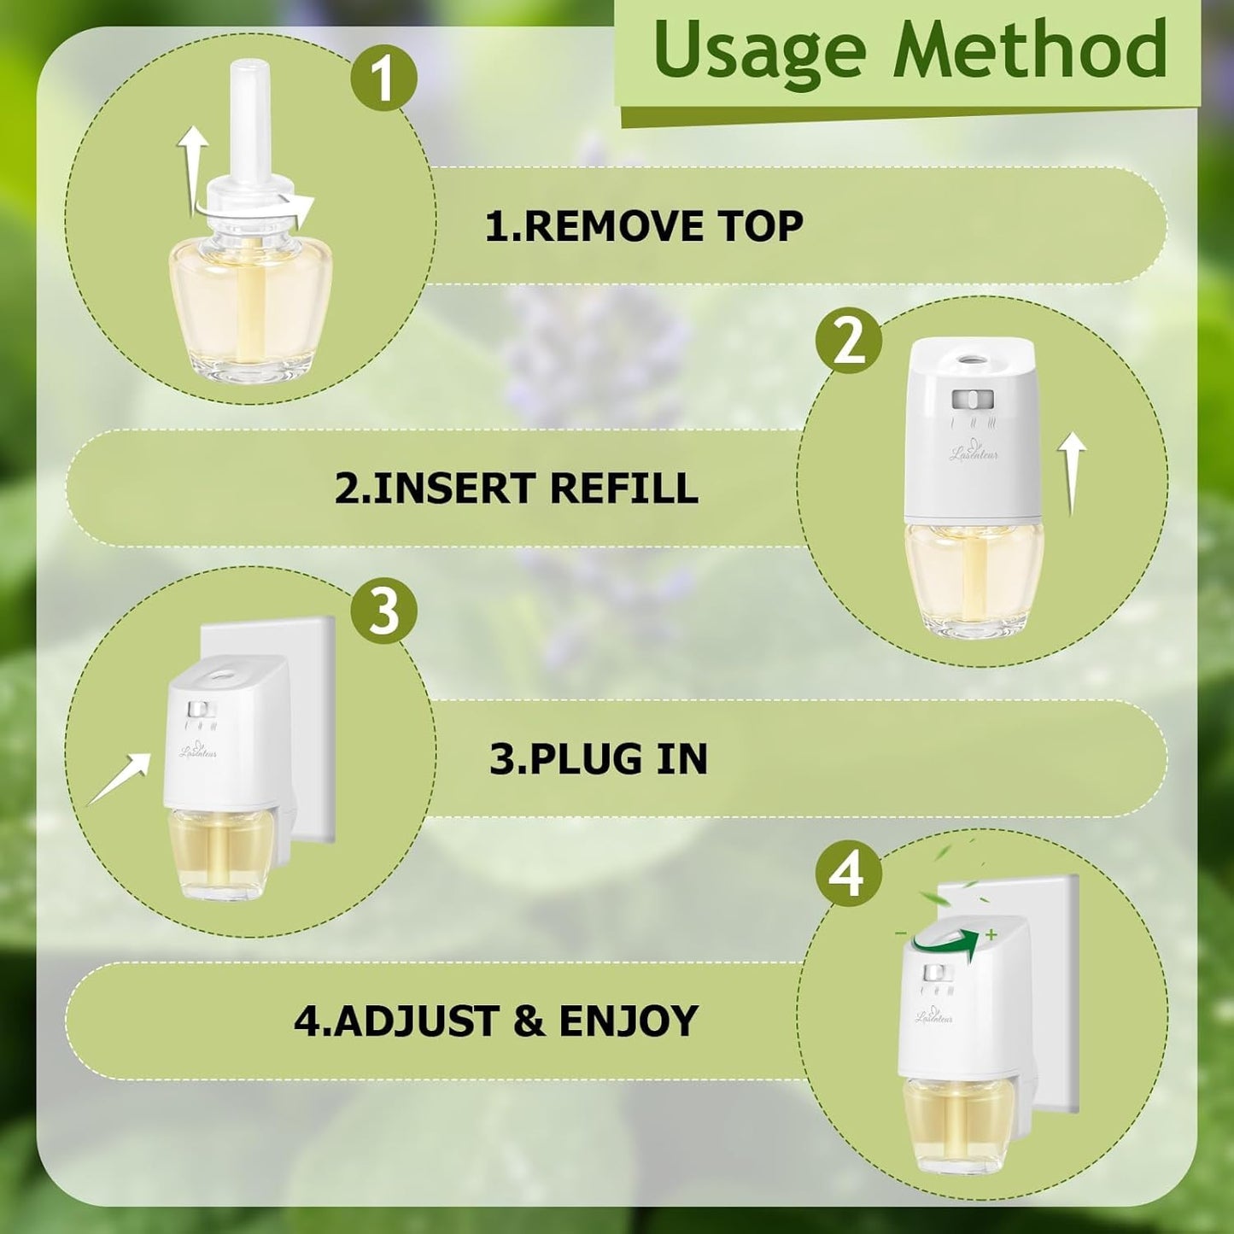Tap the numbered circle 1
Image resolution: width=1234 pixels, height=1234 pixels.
click(x=383, y=79)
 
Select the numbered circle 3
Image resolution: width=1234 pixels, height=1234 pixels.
click(x=383, y=611)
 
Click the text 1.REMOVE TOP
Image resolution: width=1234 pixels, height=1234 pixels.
click(x=644, y=226)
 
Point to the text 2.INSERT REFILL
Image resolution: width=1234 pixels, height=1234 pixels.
click(x=516, y=488)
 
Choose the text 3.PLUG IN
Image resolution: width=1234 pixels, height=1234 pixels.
click(x=598, y=758)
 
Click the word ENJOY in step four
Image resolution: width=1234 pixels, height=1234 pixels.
click(x=629, y=1021)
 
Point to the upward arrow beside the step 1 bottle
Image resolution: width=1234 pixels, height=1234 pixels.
click(x=194, y=162)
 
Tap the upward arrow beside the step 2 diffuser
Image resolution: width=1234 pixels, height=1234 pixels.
click(x=1072, y=474)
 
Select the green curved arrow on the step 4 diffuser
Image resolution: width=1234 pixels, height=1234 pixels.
click(x=944, y=941)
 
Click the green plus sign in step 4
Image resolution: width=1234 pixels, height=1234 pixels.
click(x=991, y=935)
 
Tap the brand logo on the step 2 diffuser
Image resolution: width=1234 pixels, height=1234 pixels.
click(x=974, y=450)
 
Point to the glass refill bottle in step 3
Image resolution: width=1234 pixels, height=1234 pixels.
click(x=222, y=854)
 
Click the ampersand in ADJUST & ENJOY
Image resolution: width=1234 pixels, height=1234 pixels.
click(x=529, y=1021)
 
